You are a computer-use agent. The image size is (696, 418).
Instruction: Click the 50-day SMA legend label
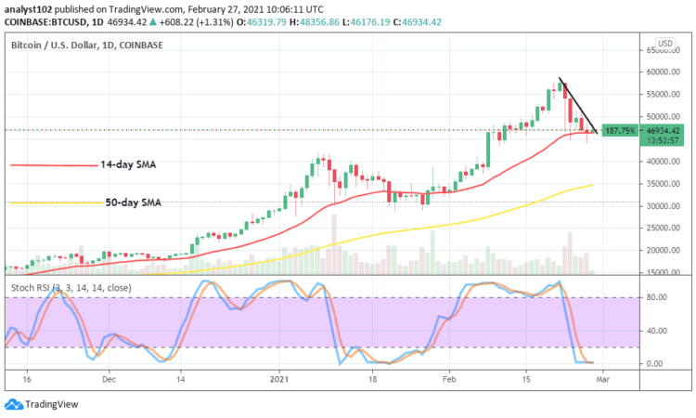coord(130,202)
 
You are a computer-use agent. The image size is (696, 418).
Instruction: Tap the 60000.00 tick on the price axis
coord(663,72)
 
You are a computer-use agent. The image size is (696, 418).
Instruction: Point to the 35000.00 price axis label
coord(663,184)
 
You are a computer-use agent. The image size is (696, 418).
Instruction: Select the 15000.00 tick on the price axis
coord(663,272)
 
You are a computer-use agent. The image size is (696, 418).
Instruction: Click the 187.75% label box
coord(619,131)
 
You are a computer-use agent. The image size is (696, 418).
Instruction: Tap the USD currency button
coord(664,43)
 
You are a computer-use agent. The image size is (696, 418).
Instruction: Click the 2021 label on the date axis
coord(283,379)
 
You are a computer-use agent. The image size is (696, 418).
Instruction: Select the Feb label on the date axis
coord(448,379)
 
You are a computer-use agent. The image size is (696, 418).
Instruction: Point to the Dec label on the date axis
coord(108,379)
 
